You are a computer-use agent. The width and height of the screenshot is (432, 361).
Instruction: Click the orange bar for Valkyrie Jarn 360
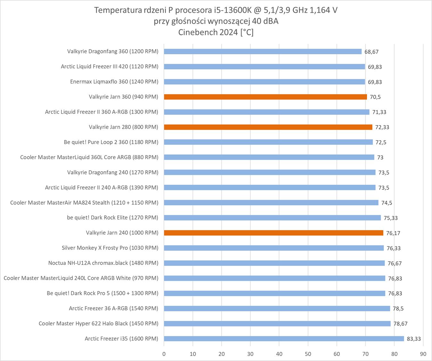[265, 97]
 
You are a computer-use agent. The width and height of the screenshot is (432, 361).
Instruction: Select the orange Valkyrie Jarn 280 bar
[268, 127]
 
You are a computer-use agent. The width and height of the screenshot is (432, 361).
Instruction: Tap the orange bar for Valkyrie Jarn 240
[273, 233]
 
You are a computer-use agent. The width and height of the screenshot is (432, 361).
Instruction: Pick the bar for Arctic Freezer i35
[284, 339]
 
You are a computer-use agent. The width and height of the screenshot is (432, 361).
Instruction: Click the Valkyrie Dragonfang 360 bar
[263, 51]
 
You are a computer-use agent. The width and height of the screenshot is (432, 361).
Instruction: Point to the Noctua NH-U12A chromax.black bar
[274, 263]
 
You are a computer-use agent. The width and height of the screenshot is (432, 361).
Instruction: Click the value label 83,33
[414, 339]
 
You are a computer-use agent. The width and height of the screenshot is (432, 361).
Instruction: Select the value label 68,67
[371, 52]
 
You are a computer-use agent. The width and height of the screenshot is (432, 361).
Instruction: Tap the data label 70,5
[375, 97]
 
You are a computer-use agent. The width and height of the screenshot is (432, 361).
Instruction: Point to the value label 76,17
[393, 233]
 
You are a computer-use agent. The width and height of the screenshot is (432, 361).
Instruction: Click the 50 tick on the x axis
[308, 354]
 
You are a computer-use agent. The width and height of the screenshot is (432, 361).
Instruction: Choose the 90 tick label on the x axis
[423, 354]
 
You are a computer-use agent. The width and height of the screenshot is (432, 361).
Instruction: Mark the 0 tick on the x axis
[164, 354]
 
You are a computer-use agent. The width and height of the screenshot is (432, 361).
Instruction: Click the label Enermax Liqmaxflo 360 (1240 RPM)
[114, 82]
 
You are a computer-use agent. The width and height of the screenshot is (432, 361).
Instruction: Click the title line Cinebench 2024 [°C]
[216, 32]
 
